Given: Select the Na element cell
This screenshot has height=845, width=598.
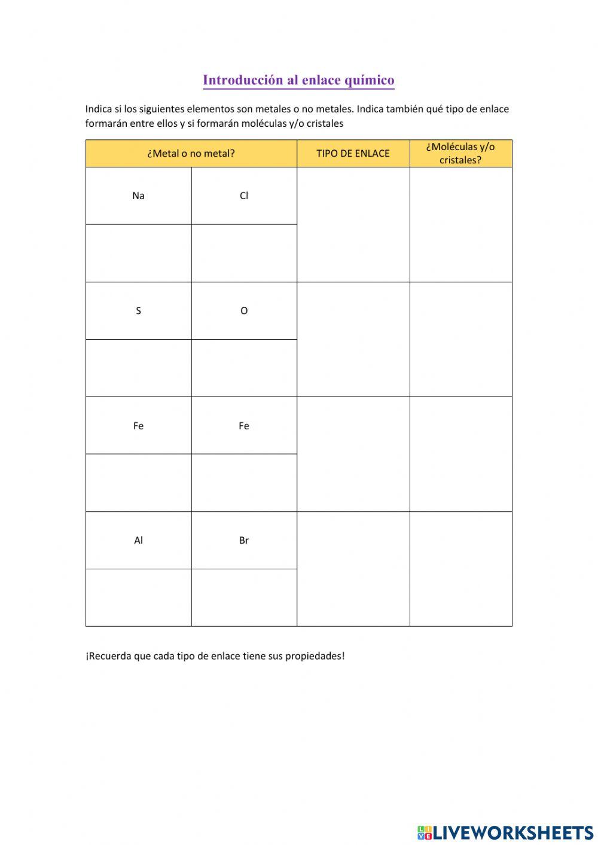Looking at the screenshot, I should (138, 196).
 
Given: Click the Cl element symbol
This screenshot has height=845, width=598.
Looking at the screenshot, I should (244, 196).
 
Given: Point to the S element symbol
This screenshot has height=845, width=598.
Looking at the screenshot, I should (138, 310).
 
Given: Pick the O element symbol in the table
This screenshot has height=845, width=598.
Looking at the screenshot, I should (244, 310).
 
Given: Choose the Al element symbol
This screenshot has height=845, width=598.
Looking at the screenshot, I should (138, 540).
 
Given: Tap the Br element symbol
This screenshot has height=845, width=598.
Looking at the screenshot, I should (244, 540).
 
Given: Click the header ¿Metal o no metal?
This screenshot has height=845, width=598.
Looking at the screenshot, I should (191, 153).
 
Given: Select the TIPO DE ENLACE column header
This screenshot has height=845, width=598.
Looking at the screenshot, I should (353, 153).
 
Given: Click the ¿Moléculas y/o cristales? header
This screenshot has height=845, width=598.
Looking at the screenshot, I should (460, 153).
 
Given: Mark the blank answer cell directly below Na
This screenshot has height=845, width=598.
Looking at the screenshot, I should (138, 253).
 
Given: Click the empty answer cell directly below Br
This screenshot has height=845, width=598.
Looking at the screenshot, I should (244, 597).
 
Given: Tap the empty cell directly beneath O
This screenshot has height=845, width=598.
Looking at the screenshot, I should (244, 368).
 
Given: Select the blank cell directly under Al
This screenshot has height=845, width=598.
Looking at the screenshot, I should (138, 597).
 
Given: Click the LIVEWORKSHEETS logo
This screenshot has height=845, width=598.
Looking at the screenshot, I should (505, 832).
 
